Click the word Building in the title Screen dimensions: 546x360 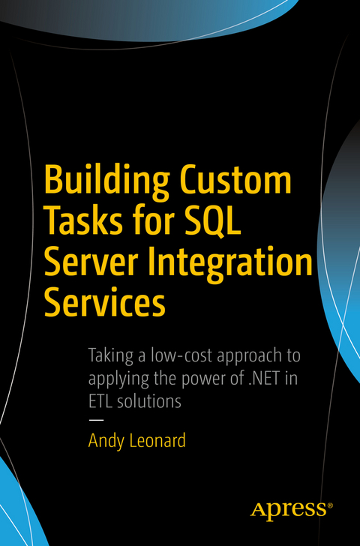[105, 182]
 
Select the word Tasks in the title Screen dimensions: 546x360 [83, 223]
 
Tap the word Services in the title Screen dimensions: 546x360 [104, 304]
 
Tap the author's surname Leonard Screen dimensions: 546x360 [157, 440]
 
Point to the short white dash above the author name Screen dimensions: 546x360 [95, 419]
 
